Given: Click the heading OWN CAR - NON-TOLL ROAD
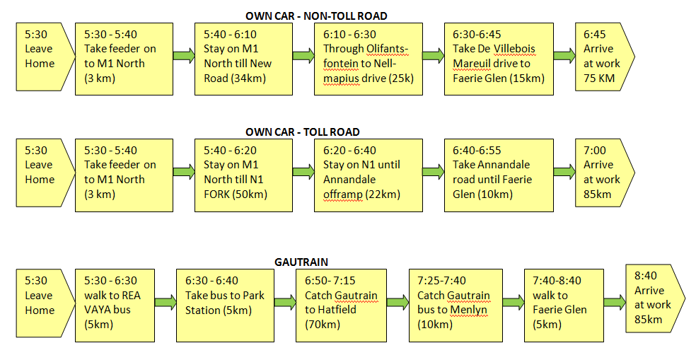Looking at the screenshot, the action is point(316,16).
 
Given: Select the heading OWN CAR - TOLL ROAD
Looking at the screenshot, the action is point(302,132).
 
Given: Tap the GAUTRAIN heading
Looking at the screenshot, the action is point(301,262).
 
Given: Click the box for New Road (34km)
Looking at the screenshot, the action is point(244,59).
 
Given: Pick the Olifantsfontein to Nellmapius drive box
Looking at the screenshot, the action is point(369,59).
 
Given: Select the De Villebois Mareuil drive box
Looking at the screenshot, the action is point(499,59).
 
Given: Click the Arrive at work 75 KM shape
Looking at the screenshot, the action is point(603,57).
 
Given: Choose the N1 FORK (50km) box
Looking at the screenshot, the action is point(244,175).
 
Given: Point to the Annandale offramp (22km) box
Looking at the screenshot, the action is point(369,175).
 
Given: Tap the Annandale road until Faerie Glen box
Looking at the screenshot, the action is point(499,175).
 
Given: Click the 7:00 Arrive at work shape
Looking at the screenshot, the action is point(603,173).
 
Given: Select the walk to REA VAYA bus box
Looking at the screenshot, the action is point(115,306).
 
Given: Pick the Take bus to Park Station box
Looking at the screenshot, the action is point(225,306).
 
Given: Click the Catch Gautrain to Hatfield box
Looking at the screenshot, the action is point(342,306).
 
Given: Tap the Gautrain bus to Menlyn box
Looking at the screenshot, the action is point(456,306).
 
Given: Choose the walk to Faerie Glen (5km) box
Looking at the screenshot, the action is point(564,306).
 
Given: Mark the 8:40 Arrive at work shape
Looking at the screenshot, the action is point(655,298).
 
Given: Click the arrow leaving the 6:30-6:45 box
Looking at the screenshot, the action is point(564,56).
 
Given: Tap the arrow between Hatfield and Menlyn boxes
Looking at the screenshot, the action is point(398,303).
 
